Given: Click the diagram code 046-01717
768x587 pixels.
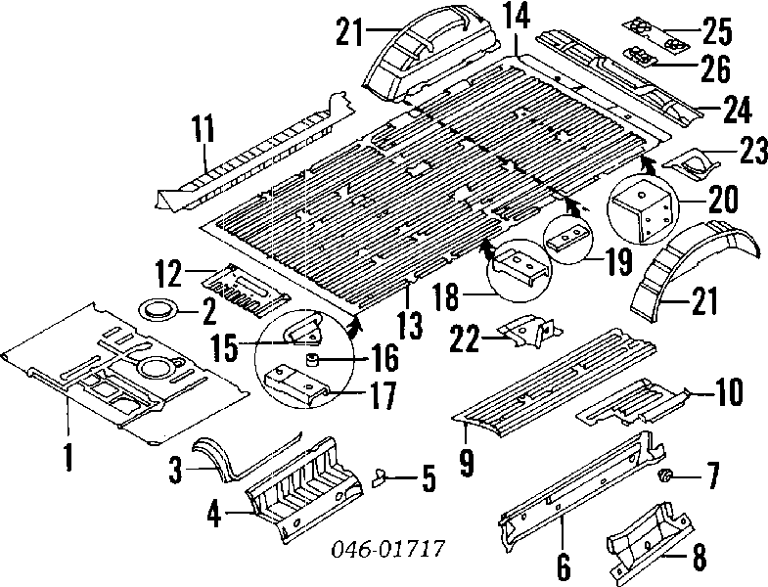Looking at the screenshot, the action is click(x=388, y=548).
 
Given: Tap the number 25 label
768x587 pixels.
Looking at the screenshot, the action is click(x=717, y=31).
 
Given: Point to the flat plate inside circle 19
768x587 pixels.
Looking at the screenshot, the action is click(x=568, y=237).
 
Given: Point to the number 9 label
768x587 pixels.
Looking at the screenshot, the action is click(x=467, y=462).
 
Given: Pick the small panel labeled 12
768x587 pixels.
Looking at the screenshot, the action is click(x=247, y=290).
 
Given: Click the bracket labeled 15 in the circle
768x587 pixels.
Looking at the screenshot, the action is click(x=302, y=330).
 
